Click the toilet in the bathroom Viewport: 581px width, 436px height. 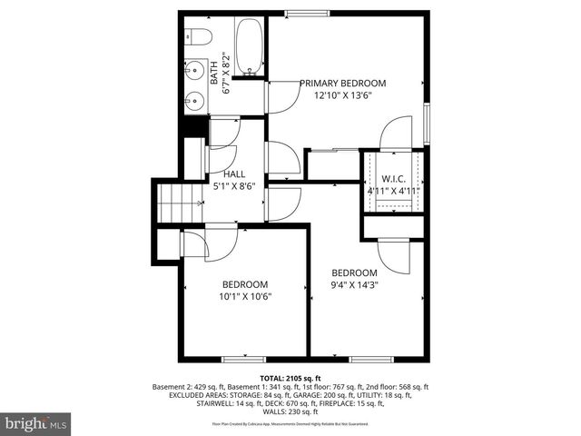pyautogui.click(x=198, y=36)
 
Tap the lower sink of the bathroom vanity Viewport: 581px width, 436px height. pyautogui.click(x=192, y=100)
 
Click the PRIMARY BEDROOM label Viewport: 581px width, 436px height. pyautogui.click(x=343, y=83)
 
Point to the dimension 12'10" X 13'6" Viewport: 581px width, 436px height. pyautogui.click(x=343, y=95)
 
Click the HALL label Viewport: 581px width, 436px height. pyautogui.click(x=234, y=173)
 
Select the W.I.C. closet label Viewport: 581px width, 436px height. pyautogui.click(x=393, y=179)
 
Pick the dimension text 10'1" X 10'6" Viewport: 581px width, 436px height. pyautogui.click(x=245, y=296)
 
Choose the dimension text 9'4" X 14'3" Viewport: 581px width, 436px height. pyautogui.click(x=354, y=284)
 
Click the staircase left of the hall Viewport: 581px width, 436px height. pyautogui.click(x=177, y=202)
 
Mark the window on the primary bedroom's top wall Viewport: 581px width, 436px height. pyautogui.click(x=300, y=13)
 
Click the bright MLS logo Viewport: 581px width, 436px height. pyautogui.click(x=36, y=423)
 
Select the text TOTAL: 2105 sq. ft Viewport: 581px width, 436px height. pyautogui.click(x=290, y=377)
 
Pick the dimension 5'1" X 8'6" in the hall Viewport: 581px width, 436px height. pyautogui.click(x=234, y=186)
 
